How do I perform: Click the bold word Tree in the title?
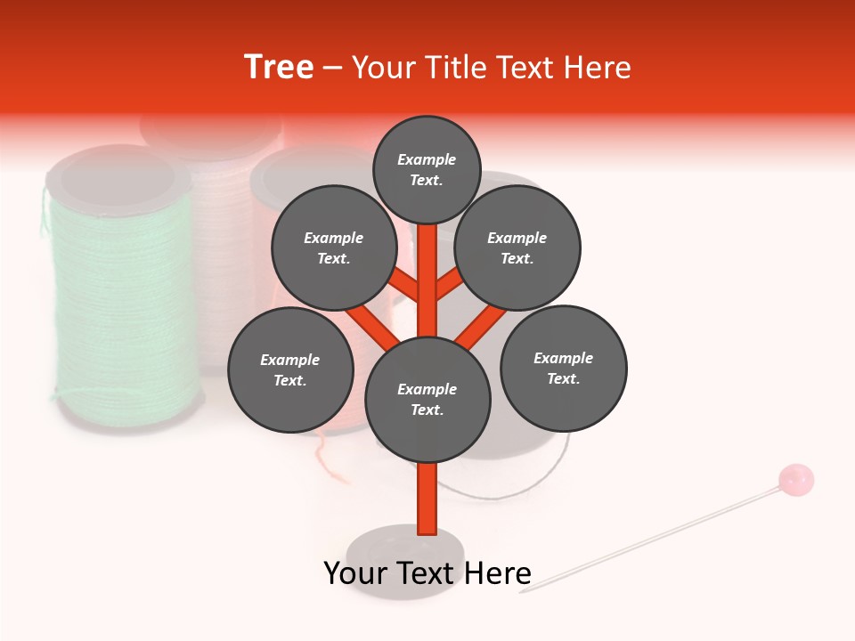(279, 67)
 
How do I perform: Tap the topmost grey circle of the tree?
(427, 169)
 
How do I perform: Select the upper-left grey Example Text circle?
(334, 247)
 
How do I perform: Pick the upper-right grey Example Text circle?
(517, 247)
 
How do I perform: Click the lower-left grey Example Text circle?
(290, 369)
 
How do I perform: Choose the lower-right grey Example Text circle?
(563, 368)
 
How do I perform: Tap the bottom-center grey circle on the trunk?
(427, 400)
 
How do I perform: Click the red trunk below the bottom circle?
(427, 499)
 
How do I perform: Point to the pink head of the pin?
(795, 480)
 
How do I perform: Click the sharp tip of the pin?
(522, 591)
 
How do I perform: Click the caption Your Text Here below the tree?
(427, 573)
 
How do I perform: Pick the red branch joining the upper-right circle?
(448, 286)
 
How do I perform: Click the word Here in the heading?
(598, 68)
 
